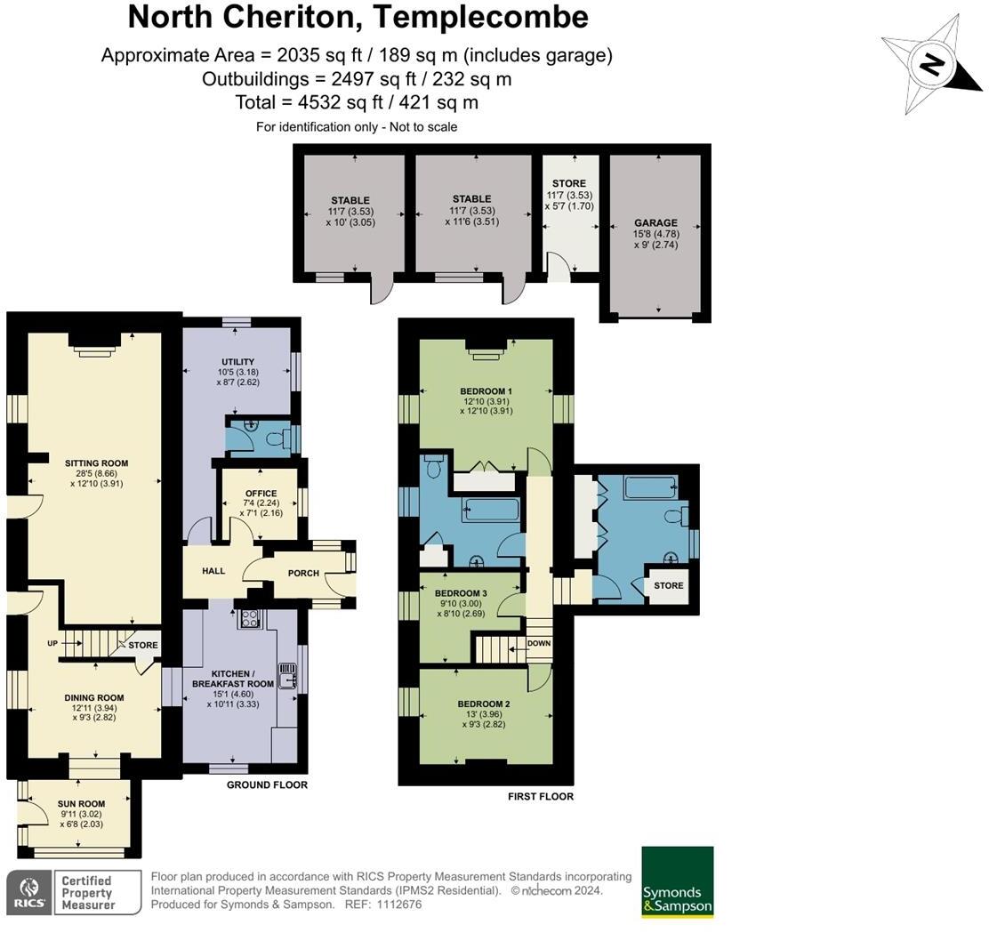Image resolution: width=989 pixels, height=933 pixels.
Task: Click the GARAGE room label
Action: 656,222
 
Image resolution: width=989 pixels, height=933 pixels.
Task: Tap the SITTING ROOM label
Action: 97,463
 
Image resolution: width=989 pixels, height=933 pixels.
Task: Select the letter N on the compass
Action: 931,65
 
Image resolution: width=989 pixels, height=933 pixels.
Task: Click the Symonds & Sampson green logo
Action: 678,882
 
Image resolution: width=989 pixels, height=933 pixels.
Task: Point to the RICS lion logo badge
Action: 29,892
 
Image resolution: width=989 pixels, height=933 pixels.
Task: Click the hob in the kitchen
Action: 249,619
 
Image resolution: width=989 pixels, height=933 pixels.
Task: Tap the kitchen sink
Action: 287,676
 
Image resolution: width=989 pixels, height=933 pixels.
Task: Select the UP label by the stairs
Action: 52,643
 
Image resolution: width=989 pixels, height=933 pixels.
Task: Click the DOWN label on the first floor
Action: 539,643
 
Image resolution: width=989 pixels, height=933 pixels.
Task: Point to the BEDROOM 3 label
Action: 461,593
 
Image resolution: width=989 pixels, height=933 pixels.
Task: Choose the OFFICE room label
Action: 261,494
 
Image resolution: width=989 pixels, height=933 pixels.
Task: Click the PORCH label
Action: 303,573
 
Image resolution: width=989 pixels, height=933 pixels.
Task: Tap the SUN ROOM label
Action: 81,804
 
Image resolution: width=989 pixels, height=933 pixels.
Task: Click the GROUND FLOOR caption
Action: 268,784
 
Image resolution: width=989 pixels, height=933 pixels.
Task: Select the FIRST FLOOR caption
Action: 541,797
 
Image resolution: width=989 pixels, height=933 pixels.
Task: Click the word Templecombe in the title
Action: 480,17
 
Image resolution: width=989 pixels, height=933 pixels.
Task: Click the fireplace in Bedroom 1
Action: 486,350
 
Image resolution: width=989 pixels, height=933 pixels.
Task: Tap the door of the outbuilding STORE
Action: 559,267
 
